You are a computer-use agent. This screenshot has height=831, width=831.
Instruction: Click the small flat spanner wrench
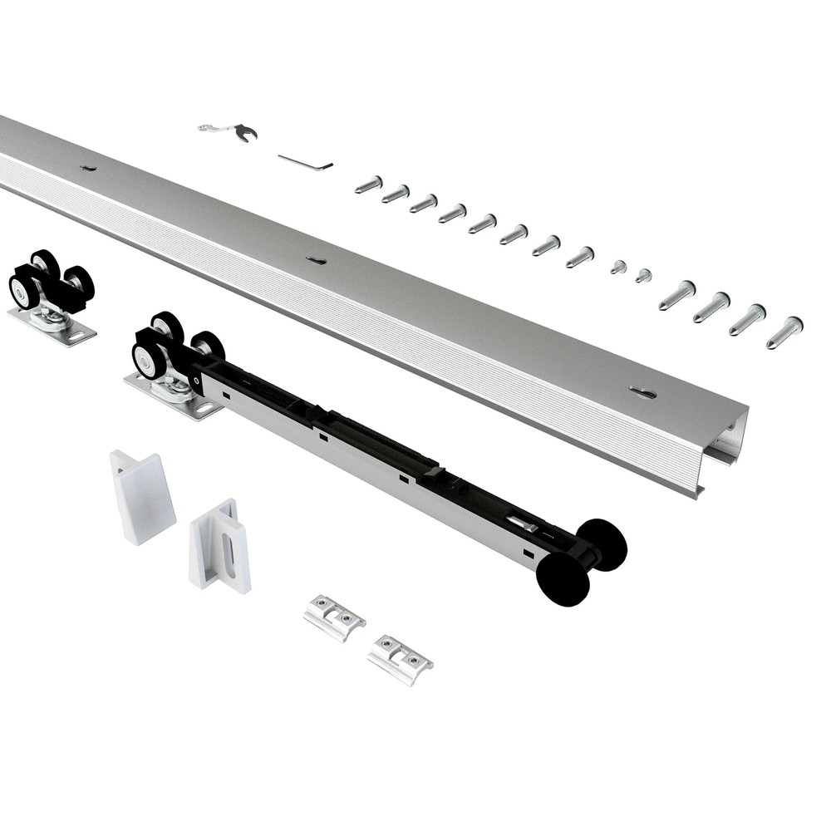pyautogui.click(x=229, y=130)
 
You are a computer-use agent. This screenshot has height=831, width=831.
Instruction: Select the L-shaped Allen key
pyautogui.click(x=306, y=161)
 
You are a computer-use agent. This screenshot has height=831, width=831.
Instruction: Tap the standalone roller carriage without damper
pyautogui.click(x=52, y=292)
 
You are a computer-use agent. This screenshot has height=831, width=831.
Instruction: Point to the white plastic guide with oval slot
pyautogui.click(x=219, y=544)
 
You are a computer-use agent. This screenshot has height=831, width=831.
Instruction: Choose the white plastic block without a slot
pyautogui.click(x=141, y=495)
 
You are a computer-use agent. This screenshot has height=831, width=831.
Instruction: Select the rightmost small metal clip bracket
pyautogui.click(x=400, y=659)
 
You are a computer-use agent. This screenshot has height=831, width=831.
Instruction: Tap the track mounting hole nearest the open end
pyautogui.click(x=642, y=391)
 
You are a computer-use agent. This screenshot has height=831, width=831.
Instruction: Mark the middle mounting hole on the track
pyautogui.click(x=316, y=261)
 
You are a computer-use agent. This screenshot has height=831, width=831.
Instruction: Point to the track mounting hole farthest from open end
pyautogui.click(x=88, y=168)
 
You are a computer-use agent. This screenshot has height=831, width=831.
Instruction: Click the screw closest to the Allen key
pyautogui.click(x=368, y=184)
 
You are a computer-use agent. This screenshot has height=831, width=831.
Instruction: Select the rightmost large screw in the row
pyautogui.click(x=784, y=332)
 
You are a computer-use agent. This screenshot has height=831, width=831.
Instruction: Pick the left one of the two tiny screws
pyautogui.click(x=617, y=267)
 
